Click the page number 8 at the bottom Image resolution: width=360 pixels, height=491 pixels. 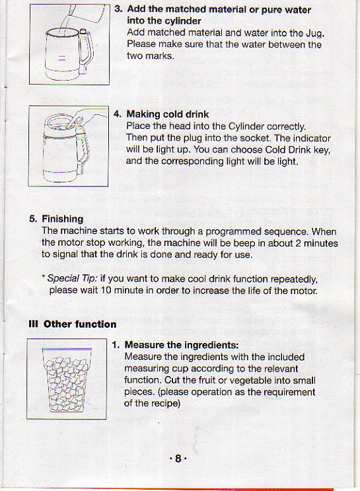tap(178, 458)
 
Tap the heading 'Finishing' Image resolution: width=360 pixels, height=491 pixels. tap(63, 219)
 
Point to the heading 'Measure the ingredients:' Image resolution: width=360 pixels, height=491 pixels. tap(182, 345)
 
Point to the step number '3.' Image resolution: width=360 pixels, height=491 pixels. tap(118, 10)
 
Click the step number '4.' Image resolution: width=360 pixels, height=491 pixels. tap(118, 114)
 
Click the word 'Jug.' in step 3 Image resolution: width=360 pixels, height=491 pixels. tap(310, 33)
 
